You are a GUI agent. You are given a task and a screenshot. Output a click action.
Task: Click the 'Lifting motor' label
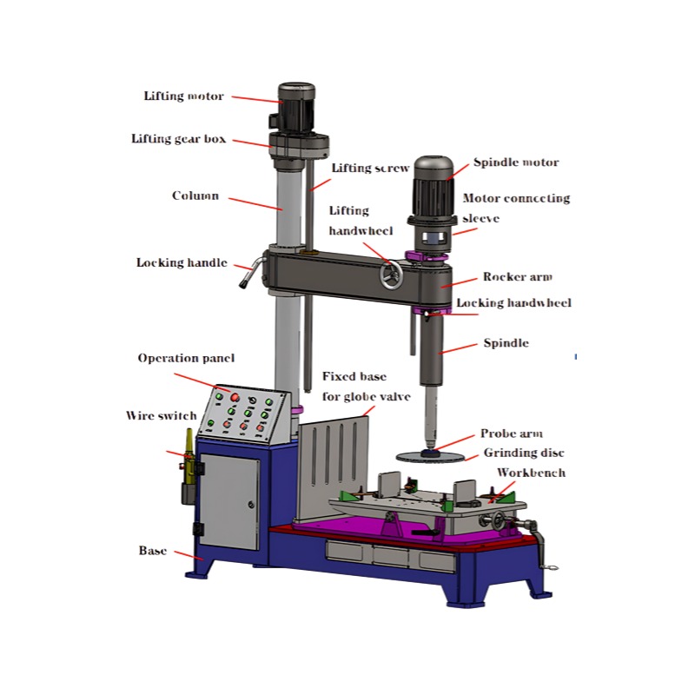coord(183,96)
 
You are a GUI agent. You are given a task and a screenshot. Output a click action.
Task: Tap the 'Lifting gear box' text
coord(179,139)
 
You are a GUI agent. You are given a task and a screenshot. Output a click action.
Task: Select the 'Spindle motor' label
coord(516,162)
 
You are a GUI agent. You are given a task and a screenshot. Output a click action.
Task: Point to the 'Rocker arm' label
coord(517,277)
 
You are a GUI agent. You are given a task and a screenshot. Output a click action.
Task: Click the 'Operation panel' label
coord(186,358)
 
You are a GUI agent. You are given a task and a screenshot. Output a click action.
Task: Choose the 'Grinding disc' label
coord(524,453)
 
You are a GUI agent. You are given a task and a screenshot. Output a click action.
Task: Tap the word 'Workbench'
coord(531,473)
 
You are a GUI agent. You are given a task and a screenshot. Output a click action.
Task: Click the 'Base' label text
coord(153,551)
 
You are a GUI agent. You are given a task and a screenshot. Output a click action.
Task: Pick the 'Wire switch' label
coord(162,416)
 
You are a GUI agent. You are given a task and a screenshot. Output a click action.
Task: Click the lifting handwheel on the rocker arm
coord(391,276)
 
